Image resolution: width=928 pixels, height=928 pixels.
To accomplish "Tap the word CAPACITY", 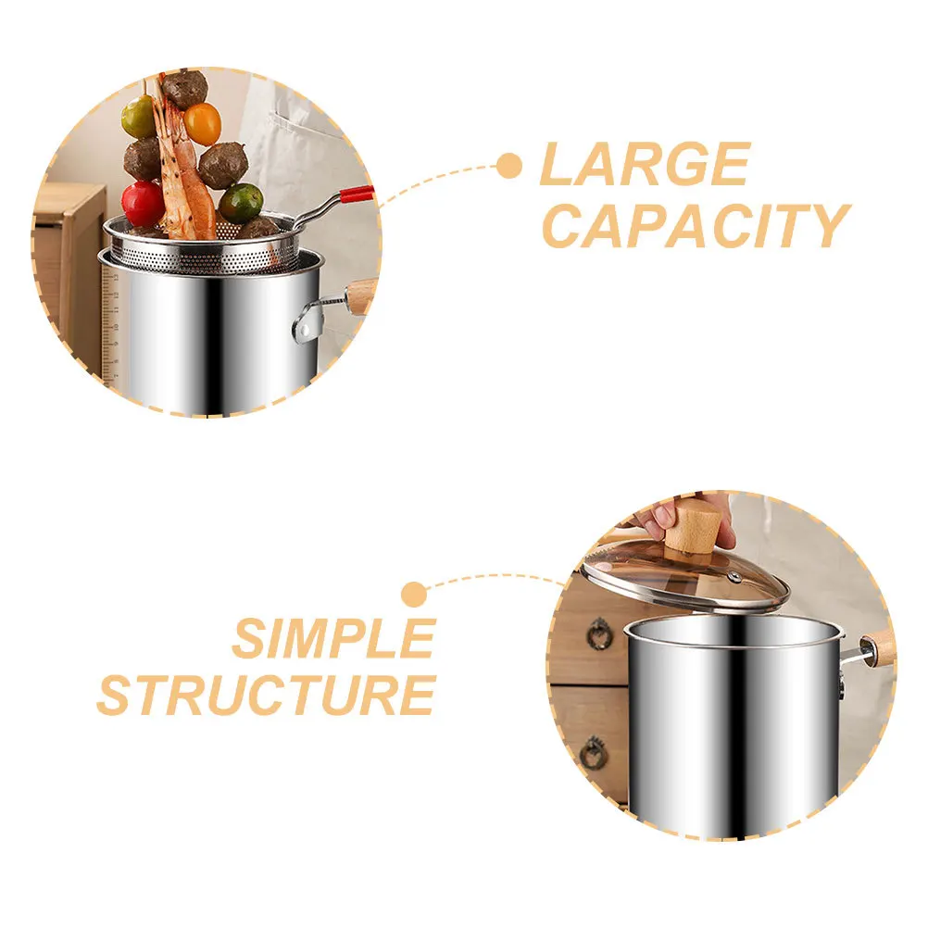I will [x=694, y=225].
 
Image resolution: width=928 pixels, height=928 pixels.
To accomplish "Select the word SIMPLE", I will [x=333, y=638].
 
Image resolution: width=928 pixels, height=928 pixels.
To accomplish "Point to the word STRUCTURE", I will [x=267, y=695].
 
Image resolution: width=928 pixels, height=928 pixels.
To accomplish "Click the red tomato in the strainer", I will [x=143, y=204].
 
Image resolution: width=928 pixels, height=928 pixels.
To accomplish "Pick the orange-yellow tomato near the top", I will [x=203, y=123].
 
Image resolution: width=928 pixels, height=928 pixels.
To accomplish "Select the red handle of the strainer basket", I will [x=356, y=194].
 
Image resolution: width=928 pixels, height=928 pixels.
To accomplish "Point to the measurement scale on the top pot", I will [x=112, y=324].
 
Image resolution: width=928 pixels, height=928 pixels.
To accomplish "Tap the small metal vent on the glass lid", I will [x=734, y=576].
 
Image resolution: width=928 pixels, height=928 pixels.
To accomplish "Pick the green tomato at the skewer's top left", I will [x=139, y=117].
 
